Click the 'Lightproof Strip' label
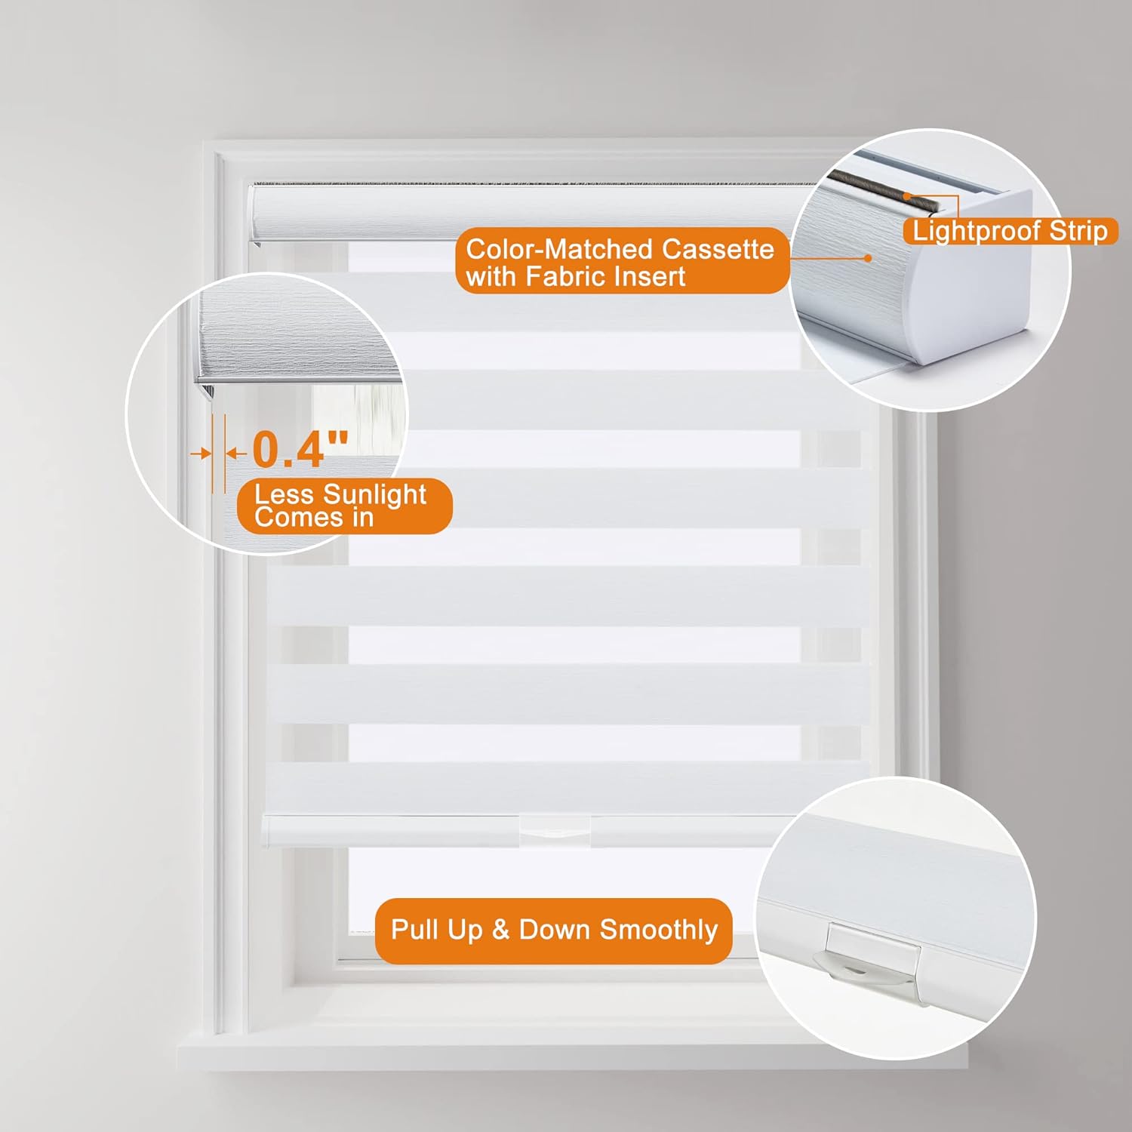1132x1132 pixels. tap(1010, 231)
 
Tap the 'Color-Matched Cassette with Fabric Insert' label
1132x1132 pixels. tap(623, 261)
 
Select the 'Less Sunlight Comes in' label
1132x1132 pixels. tap(344, 506)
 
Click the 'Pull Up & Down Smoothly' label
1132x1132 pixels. tap(553, 931)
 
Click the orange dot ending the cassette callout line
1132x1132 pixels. tap(868, 258)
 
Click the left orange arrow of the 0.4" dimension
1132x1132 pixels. tap(200, 454)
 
